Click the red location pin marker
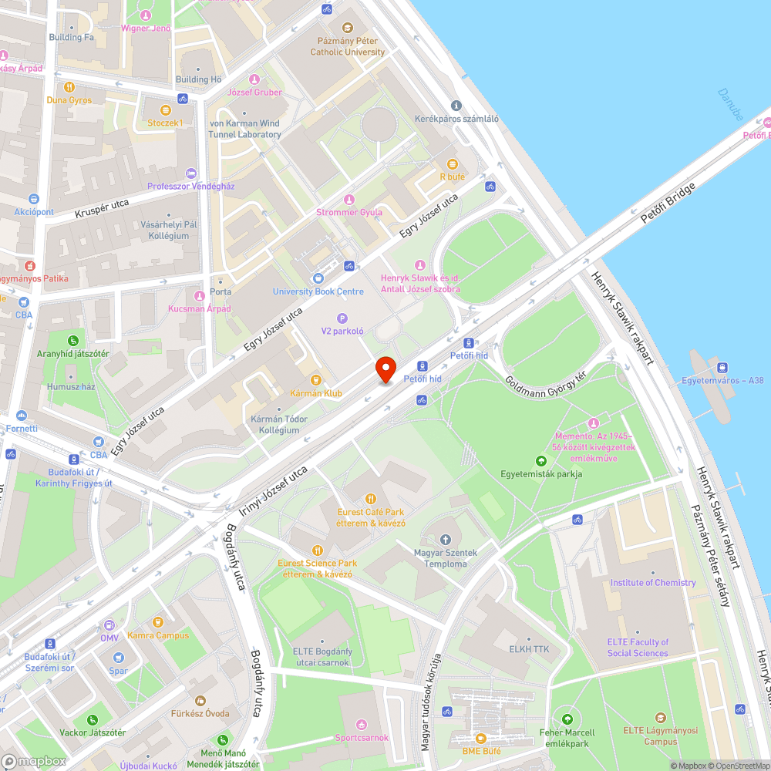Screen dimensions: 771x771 tap(385, 369)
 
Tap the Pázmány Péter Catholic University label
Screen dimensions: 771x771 tap(348, 46)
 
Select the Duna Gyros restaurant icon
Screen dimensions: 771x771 tap(69, 87)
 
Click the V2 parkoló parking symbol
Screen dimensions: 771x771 tap(342, 318)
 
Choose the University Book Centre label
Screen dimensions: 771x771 tap(318, 291)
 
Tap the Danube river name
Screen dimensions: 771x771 tap(730, 104)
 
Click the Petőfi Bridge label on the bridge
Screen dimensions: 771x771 tap(668, 204)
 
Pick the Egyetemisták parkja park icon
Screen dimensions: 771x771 tap(540, 460)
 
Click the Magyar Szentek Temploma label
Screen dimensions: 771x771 tap(446, 558)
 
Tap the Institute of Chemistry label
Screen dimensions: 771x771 tap(653, 583)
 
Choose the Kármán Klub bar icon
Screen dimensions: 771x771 tap(315, 379)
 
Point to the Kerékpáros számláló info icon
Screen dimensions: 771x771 tap(456, 106)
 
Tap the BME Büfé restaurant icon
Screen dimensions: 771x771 tap(481, 738)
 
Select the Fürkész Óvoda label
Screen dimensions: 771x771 tap(200, 714)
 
